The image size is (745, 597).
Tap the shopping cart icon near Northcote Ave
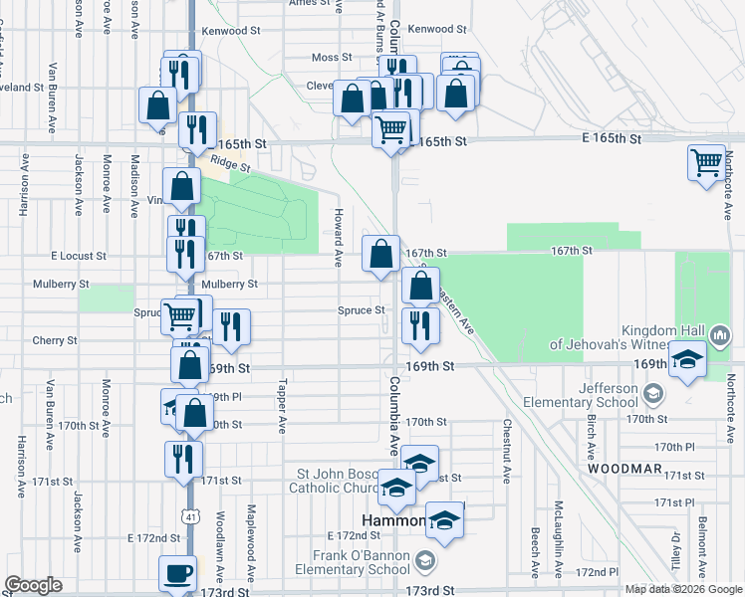pyautogui.click(x=706, y=161)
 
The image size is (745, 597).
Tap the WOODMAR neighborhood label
pyautogui.click(x=622, y=468)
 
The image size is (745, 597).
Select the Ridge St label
pyautogui.click(x=229, y=165)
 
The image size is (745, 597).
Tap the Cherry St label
pyautogui.click(x=54, y=340)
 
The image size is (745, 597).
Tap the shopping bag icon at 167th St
pyautogui.click(x=380, y=255)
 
